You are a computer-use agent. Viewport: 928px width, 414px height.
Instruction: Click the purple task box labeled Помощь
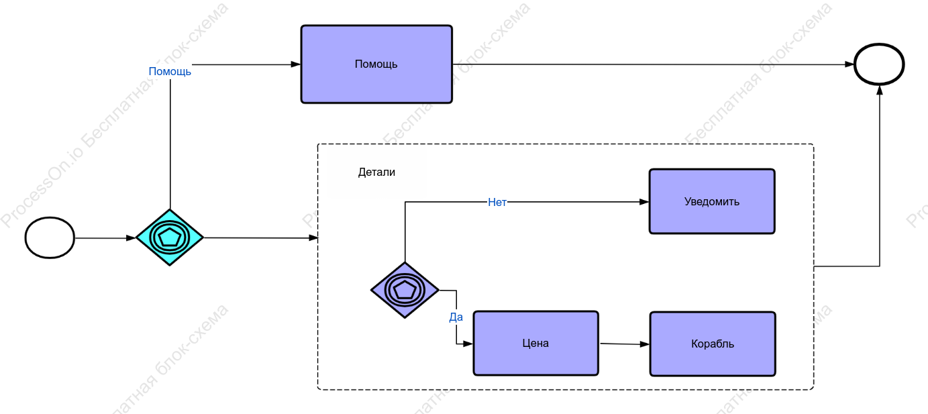point(376,64)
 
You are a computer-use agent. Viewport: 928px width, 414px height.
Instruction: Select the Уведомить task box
point(712,201)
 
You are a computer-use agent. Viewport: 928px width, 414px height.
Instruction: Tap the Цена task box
point(535,343)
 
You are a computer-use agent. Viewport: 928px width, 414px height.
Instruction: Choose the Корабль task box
point(713,344)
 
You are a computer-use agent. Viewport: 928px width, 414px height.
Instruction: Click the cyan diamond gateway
point(170,238)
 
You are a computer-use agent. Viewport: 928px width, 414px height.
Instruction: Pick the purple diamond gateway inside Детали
point(405,290)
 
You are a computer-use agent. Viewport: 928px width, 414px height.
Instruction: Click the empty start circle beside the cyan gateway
point(50,238)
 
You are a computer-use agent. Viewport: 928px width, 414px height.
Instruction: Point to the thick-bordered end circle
point(879,64)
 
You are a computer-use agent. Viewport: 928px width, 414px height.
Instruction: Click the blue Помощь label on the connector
point(170,71)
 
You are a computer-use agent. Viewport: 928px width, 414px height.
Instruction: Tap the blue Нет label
point(497,202)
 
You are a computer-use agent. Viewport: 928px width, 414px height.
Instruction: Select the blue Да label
point(456,317)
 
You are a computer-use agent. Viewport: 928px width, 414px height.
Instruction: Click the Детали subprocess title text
point(376,172)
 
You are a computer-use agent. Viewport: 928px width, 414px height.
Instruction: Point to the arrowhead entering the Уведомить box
point(644,202)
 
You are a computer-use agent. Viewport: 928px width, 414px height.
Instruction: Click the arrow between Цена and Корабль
point(624,344)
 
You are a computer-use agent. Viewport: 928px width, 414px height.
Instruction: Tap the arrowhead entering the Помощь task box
point(296,64)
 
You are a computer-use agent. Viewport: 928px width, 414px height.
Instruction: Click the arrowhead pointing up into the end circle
point(880,90)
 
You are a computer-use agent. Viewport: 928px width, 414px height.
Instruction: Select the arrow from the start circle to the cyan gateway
point(105,238)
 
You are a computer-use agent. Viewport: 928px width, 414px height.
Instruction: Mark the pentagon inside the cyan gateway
point(170,238)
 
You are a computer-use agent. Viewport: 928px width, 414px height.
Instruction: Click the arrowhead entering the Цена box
point(468,344)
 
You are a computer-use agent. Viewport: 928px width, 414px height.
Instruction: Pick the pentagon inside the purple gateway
point(405,290)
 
